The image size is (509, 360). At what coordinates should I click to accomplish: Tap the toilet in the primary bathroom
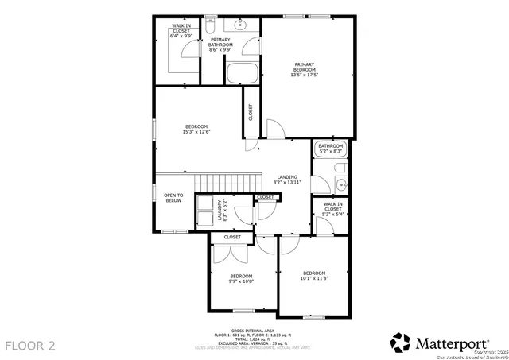tap(212, 29)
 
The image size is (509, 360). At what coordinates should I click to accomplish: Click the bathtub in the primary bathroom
tap(242, 73)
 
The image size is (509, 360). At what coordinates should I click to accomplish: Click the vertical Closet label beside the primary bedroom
tap(251, 113)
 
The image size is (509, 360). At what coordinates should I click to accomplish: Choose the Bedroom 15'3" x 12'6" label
tap(196, 130)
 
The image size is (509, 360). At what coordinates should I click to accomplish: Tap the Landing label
tap(287, 180)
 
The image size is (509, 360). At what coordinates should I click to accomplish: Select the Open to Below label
tap(173, 198)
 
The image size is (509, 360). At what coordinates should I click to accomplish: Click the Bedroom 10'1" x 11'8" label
tap(314, 276)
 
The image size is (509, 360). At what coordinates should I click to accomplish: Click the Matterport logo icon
tap(400, 343)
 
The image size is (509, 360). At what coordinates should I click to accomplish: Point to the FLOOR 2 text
tap(30, 346)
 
